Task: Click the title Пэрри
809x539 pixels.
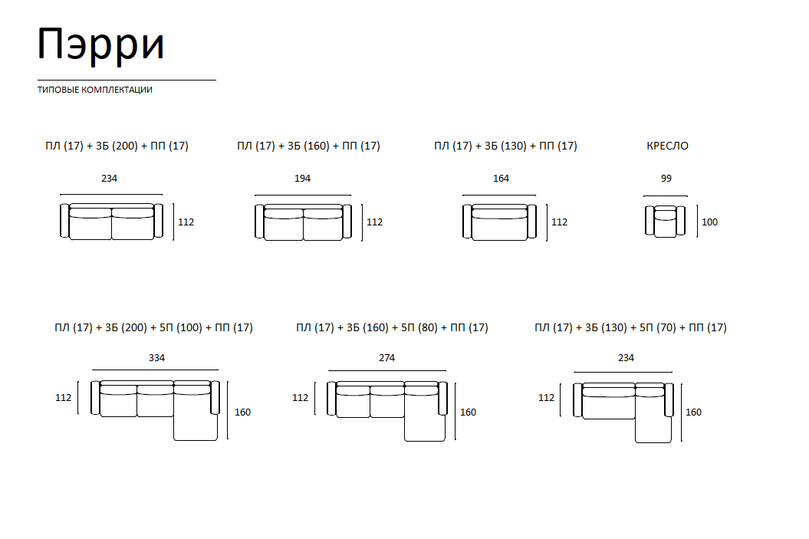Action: pos(101,45)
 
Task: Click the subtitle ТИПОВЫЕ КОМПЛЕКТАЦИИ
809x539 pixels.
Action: pos(95,90)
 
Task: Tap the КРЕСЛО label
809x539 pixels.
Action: pos(667,146)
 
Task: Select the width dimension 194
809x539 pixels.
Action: pos(302,179)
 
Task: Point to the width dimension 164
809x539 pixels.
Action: pos(501,179)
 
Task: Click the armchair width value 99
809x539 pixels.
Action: pos(666,179)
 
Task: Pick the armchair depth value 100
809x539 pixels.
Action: pos(709,222)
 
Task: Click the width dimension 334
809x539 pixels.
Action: pos(157,358)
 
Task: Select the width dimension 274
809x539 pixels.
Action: pos(387,358)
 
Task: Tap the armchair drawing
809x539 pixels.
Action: pos(665,222)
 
